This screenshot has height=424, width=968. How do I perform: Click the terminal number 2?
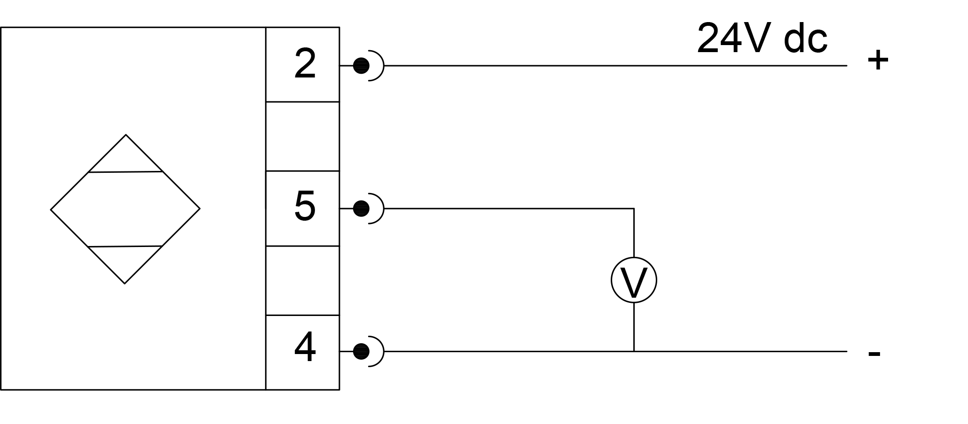[305, 64]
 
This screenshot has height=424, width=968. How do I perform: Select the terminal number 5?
[305, 206]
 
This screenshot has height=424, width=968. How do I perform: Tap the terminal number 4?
[305, 348]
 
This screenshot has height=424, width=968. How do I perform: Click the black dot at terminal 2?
[361, 66]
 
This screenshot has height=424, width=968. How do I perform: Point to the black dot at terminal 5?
[361, 208]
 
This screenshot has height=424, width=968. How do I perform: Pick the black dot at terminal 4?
[361, 351]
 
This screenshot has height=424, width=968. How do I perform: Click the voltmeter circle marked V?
[634, 280]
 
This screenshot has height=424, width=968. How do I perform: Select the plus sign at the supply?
[878, 61]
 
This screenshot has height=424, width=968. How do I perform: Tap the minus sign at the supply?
[874, 354]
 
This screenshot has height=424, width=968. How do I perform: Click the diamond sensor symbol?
[125, 209]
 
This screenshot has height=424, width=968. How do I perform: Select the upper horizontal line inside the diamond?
[125, 172]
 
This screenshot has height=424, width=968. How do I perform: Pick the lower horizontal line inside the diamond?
[125, 246]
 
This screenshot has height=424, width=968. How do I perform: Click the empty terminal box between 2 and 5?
[302, 136]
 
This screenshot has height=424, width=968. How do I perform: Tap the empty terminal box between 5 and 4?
[302, 280]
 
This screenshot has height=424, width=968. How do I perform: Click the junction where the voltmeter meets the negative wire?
[634, 351]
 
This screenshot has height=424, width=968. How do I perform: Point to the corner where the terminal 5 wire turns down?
[634, 208]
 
